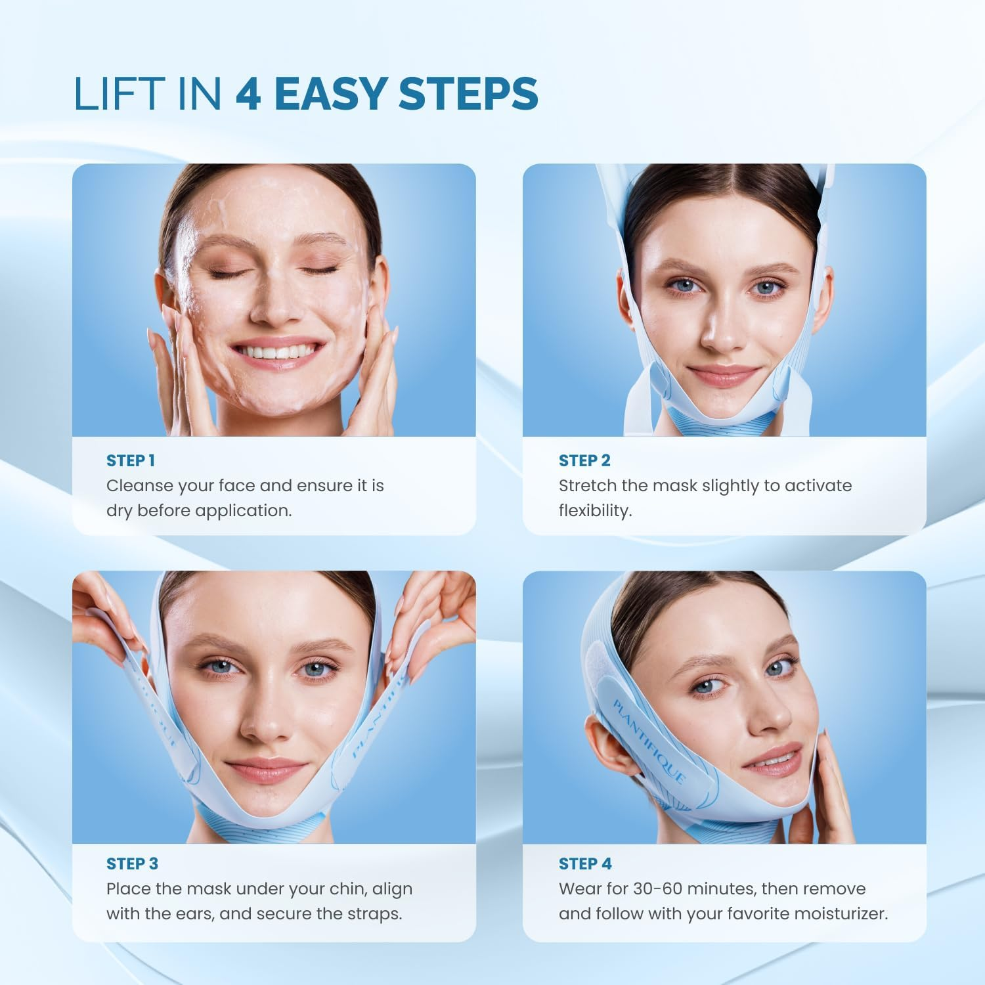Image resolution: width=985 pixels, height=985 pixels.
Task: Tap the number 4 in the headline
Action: click(248, 93)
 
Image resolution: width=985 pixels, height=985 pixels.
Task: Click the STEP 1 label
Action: click(131, 461)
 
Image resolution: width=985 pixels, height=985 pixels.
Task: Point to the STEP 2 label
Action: click(584, 461)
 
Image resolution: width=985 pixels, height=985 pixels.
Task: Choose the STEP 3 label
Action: click(132, 864)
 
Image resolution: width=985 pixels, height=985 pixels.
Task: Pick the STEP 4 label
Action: click(585, 864)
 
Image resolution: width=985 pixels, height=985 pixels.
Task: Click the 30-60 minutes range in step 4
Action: click(696, 889)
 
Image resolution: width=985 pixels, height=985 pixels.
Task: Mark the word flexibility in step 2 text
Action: click(594, 511)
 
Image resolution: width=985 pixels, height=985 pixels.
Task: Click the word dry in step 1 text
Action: click(119, 512)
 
